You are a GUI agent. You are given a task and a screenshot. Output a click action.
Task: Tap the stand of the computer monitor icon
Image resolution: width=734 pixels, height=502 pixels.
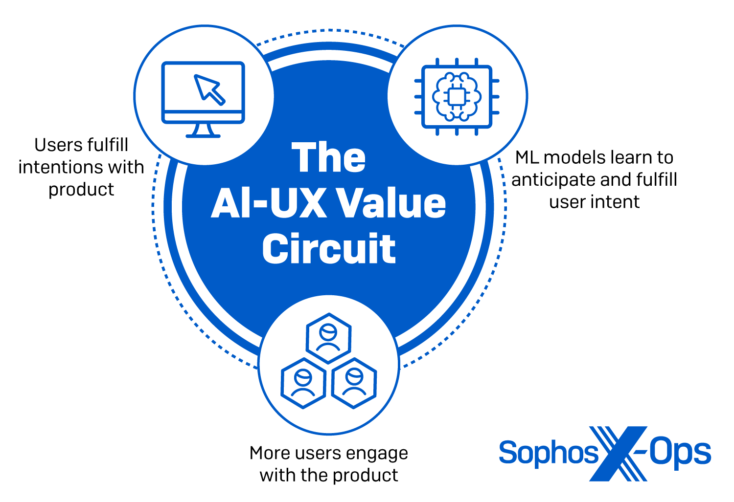point(203,130)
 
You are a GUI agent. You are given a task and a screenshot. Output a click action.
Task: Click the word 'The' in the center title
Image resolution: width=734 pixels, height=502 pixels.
point(329,158)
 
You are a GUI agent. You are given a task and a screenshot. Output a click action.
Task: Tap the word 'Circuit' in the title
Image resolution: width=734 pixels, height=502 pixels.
point(329,249)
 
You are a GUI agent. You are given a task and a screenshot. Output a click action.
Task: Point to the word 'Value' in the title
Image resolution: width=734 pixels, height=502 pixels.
point(392,203)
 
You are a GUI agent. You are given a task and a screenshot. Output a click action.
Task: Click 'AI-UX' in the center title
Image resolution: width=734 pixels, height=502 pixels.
point(269,203)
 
